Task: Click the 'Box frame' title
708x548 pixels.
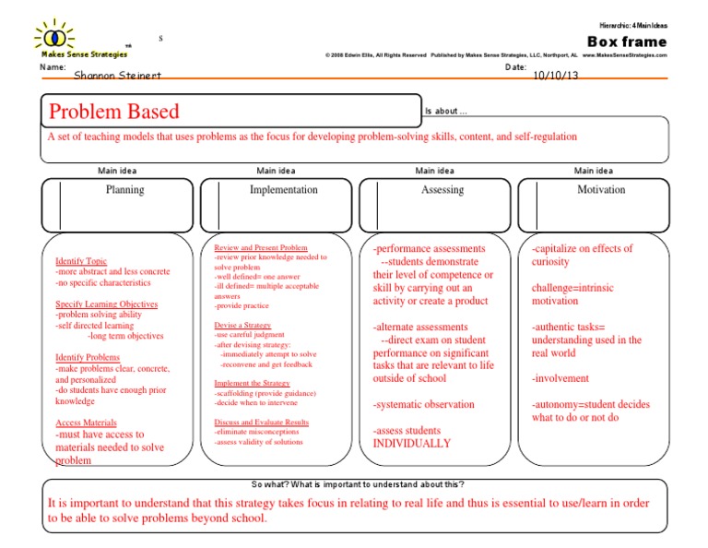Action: (627, 42)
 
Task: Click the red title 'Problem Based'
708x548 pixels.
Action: (114, 113)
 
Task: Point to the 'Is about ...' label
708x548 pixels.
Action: (446, 112)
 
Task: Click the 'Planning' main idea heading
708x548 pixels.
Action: (124, 190)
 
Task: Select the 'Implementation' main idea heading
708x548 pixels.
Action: (283, 190)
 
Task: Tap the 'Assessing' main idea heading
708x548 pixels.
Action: (442, 190)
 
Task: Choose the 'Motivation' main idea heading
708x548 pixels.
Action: (600, 190)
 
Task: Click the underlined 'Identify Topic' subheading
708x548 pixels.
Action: (81, 261)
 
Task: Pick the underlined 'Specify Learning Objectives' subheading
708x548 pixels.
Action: (106, 304)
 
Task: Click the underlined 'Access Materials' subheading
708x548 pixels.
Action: (86, 423)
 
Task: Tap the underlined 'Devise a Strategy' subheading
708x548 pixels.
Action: (242, 326)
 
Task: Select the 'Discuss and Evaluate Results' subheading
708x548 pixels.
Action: (261, 422)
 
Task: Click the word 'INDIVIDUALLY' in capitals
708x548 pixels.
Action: (412, 444)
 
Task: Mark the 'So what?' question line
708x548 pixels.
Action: (358, 485)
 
